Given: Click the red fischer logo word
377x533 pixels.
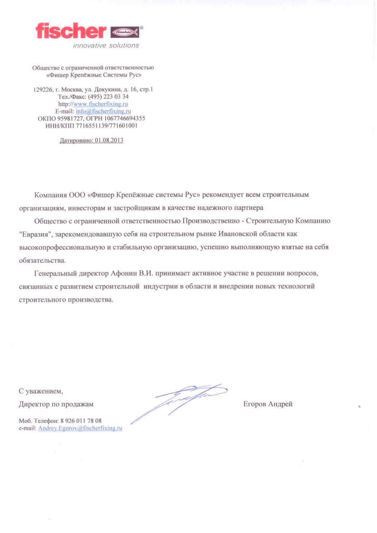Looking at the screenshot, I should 70,31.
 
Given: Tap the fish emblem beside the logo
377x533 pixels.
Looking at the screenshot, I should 125,32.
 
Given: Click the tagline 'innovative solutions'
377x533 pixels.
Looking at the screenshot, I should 113,45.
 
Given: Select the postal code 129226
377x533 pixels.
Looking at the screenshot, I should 42,90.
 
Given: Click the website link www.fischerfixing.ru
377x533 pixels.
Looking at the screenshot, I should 101,104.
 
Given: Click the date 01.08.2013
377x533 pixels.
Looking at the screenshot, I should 109,141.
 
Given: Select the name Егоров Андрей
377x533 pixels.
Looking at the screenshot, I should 268,404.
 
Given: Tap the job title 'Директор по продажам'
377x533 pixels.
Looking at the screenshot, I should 56,404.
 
